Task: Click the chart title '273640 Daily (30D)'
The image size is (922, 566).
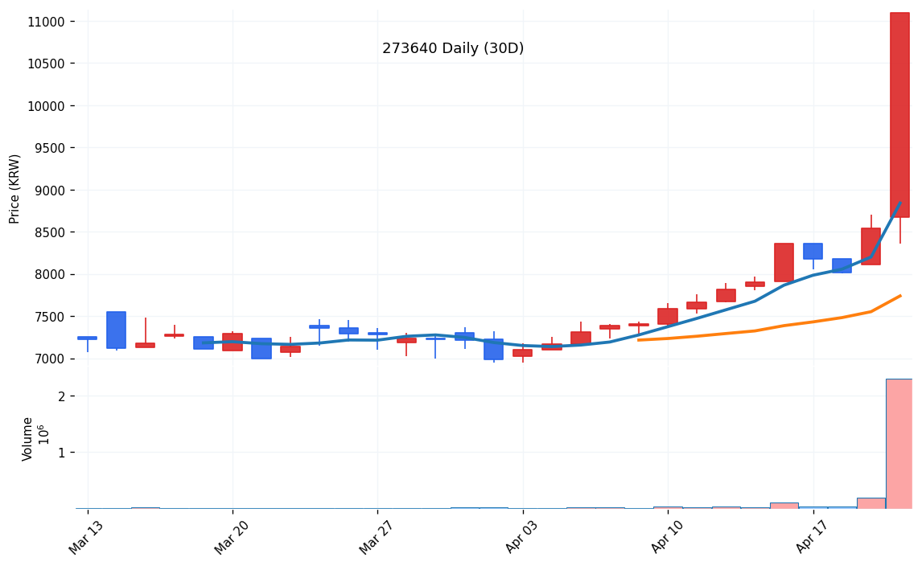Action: point(453,49)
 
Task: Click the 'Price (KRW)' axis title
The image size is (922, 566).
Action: point(15,188)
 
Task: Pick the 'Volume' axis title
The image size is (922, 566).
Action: point(28,439)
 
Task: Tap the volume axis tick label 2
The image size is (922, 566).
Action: point(61,396)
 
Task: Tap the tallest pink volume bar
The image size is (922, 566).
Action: point(899,443)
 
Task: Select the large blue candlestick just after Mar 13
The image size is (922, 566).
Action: point(116,330)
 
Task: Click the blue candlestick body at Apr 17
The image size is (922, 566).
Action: point(813,251)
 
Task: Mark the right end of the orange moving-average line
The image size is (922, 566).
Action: point(900,296)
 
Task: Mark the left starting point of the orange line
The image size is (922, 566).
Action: point(638,340)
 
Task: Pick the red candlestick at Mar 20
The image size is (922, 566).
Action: point(233,342)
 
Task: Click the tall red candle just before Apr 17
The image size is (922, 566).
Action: point(784,262)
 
